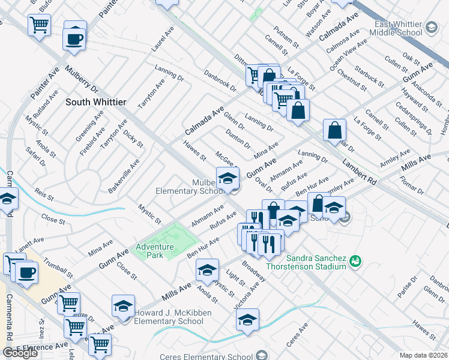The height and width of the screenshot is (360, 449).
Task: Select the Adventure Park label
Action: (x=154, y=251)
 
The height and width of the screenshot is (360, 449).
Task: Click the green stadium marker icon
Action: (x=355, y=260)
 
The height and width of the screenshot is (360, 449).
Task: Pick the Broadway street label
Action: (x=254, y=271)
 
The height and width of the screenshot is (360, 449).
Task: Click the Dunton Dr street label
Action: (x=238, y=139)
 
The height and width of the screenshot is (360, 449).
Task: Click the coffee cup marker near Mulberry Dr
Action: (x=75, y=39)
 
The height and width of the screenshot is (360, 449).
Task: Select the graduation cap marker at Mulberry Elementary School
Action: (x=228, y=179)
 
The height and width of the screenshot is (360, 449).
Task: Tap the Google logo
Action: (x=20, y=353)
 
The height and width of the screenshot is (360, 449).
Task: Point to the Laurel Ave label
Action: (x=158, y=41)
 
